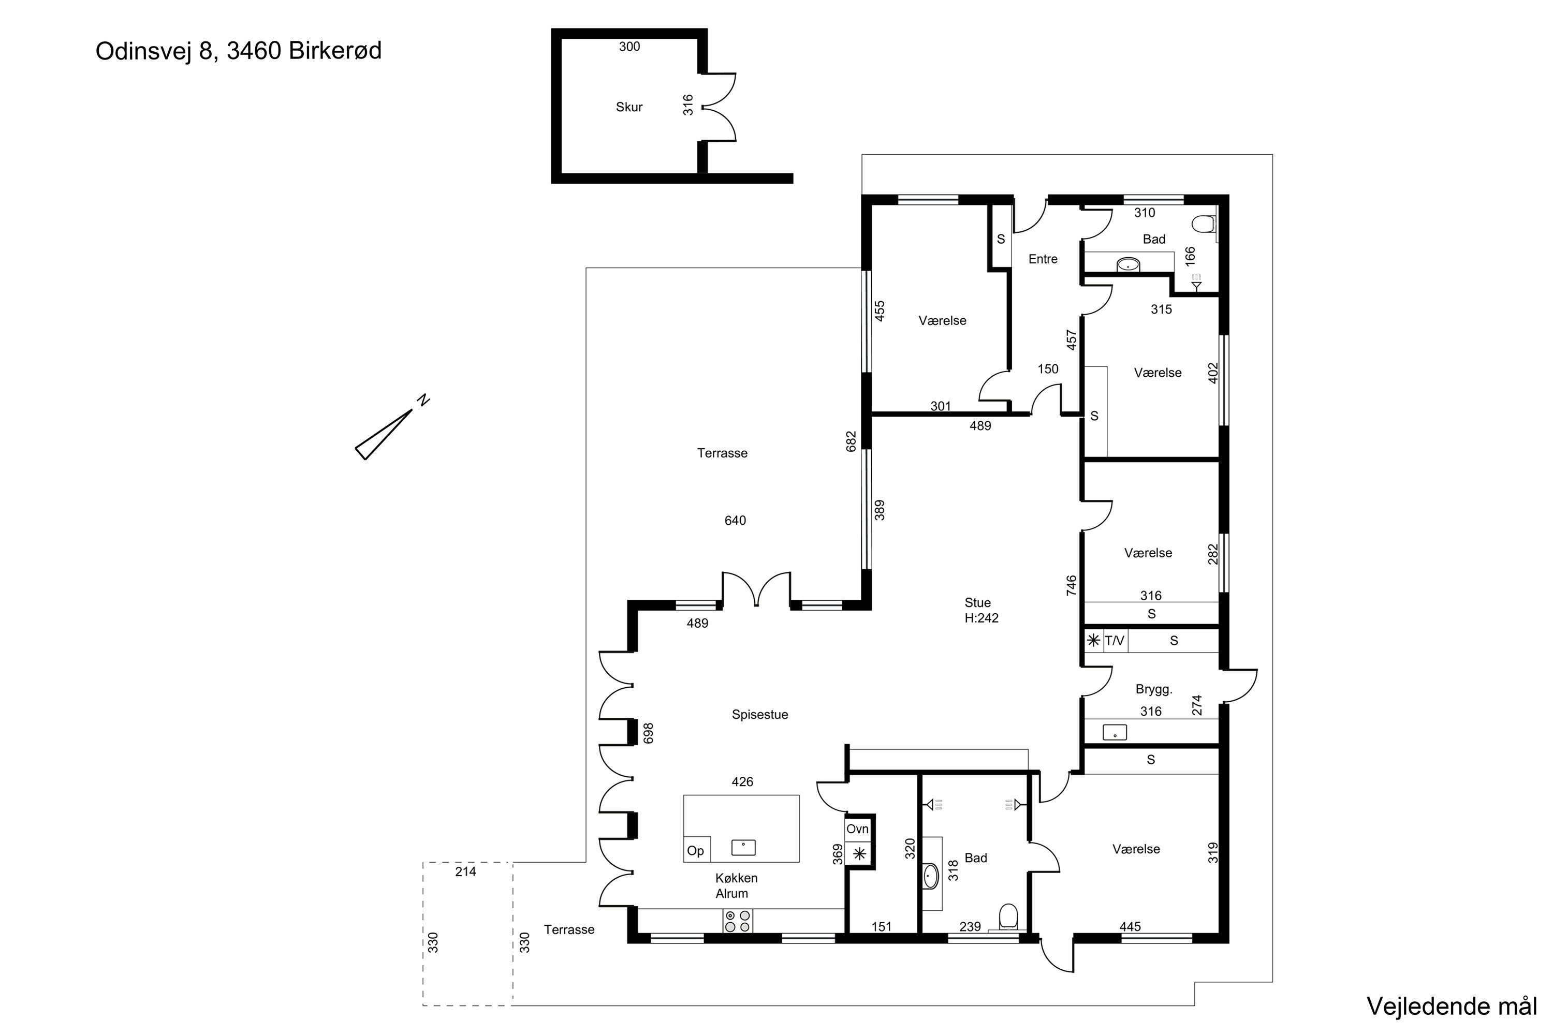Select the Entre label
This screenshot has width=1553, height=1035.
1043,259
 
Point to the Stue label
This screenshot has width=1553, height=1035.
977,603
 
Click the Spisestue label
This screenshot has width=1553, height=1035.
759,714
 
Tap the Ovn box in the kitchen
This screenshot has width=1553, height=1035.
858,829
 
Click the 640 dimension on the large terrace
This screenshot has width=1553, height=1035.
735,520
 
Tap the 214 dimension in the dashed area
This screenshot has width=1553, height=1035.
465,871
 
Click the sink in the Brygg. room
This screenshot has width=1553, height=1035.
1115,732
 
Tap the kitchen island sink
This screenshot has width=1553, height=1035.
743,848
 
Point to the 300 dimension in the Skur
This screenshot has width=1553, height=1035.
629,47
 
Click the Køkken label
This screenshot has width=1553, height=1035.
736,878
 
